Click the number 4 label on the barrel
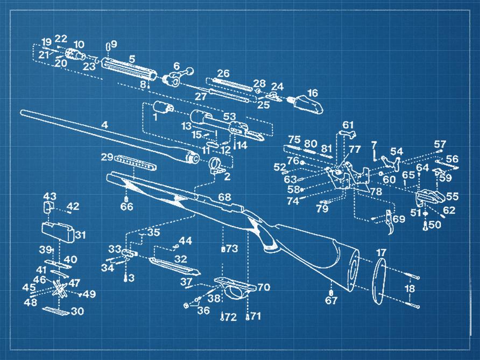tap(105, 125)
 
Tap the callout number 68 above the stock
tap(224, 197)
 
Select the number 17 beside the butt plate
tap(380, 252)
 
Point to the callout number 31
tap(81, 235)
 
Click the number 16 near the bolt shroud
tap(312, 93)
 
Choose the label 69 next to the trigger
tap(399, 220)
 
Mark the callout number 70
tap(264, 287)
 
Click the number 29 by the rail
tap(107, 157)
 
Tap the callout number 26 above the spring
tap(223, 73)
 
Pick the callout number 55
tap(452, 197)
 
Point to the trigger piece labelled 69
tap(389, 220)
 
